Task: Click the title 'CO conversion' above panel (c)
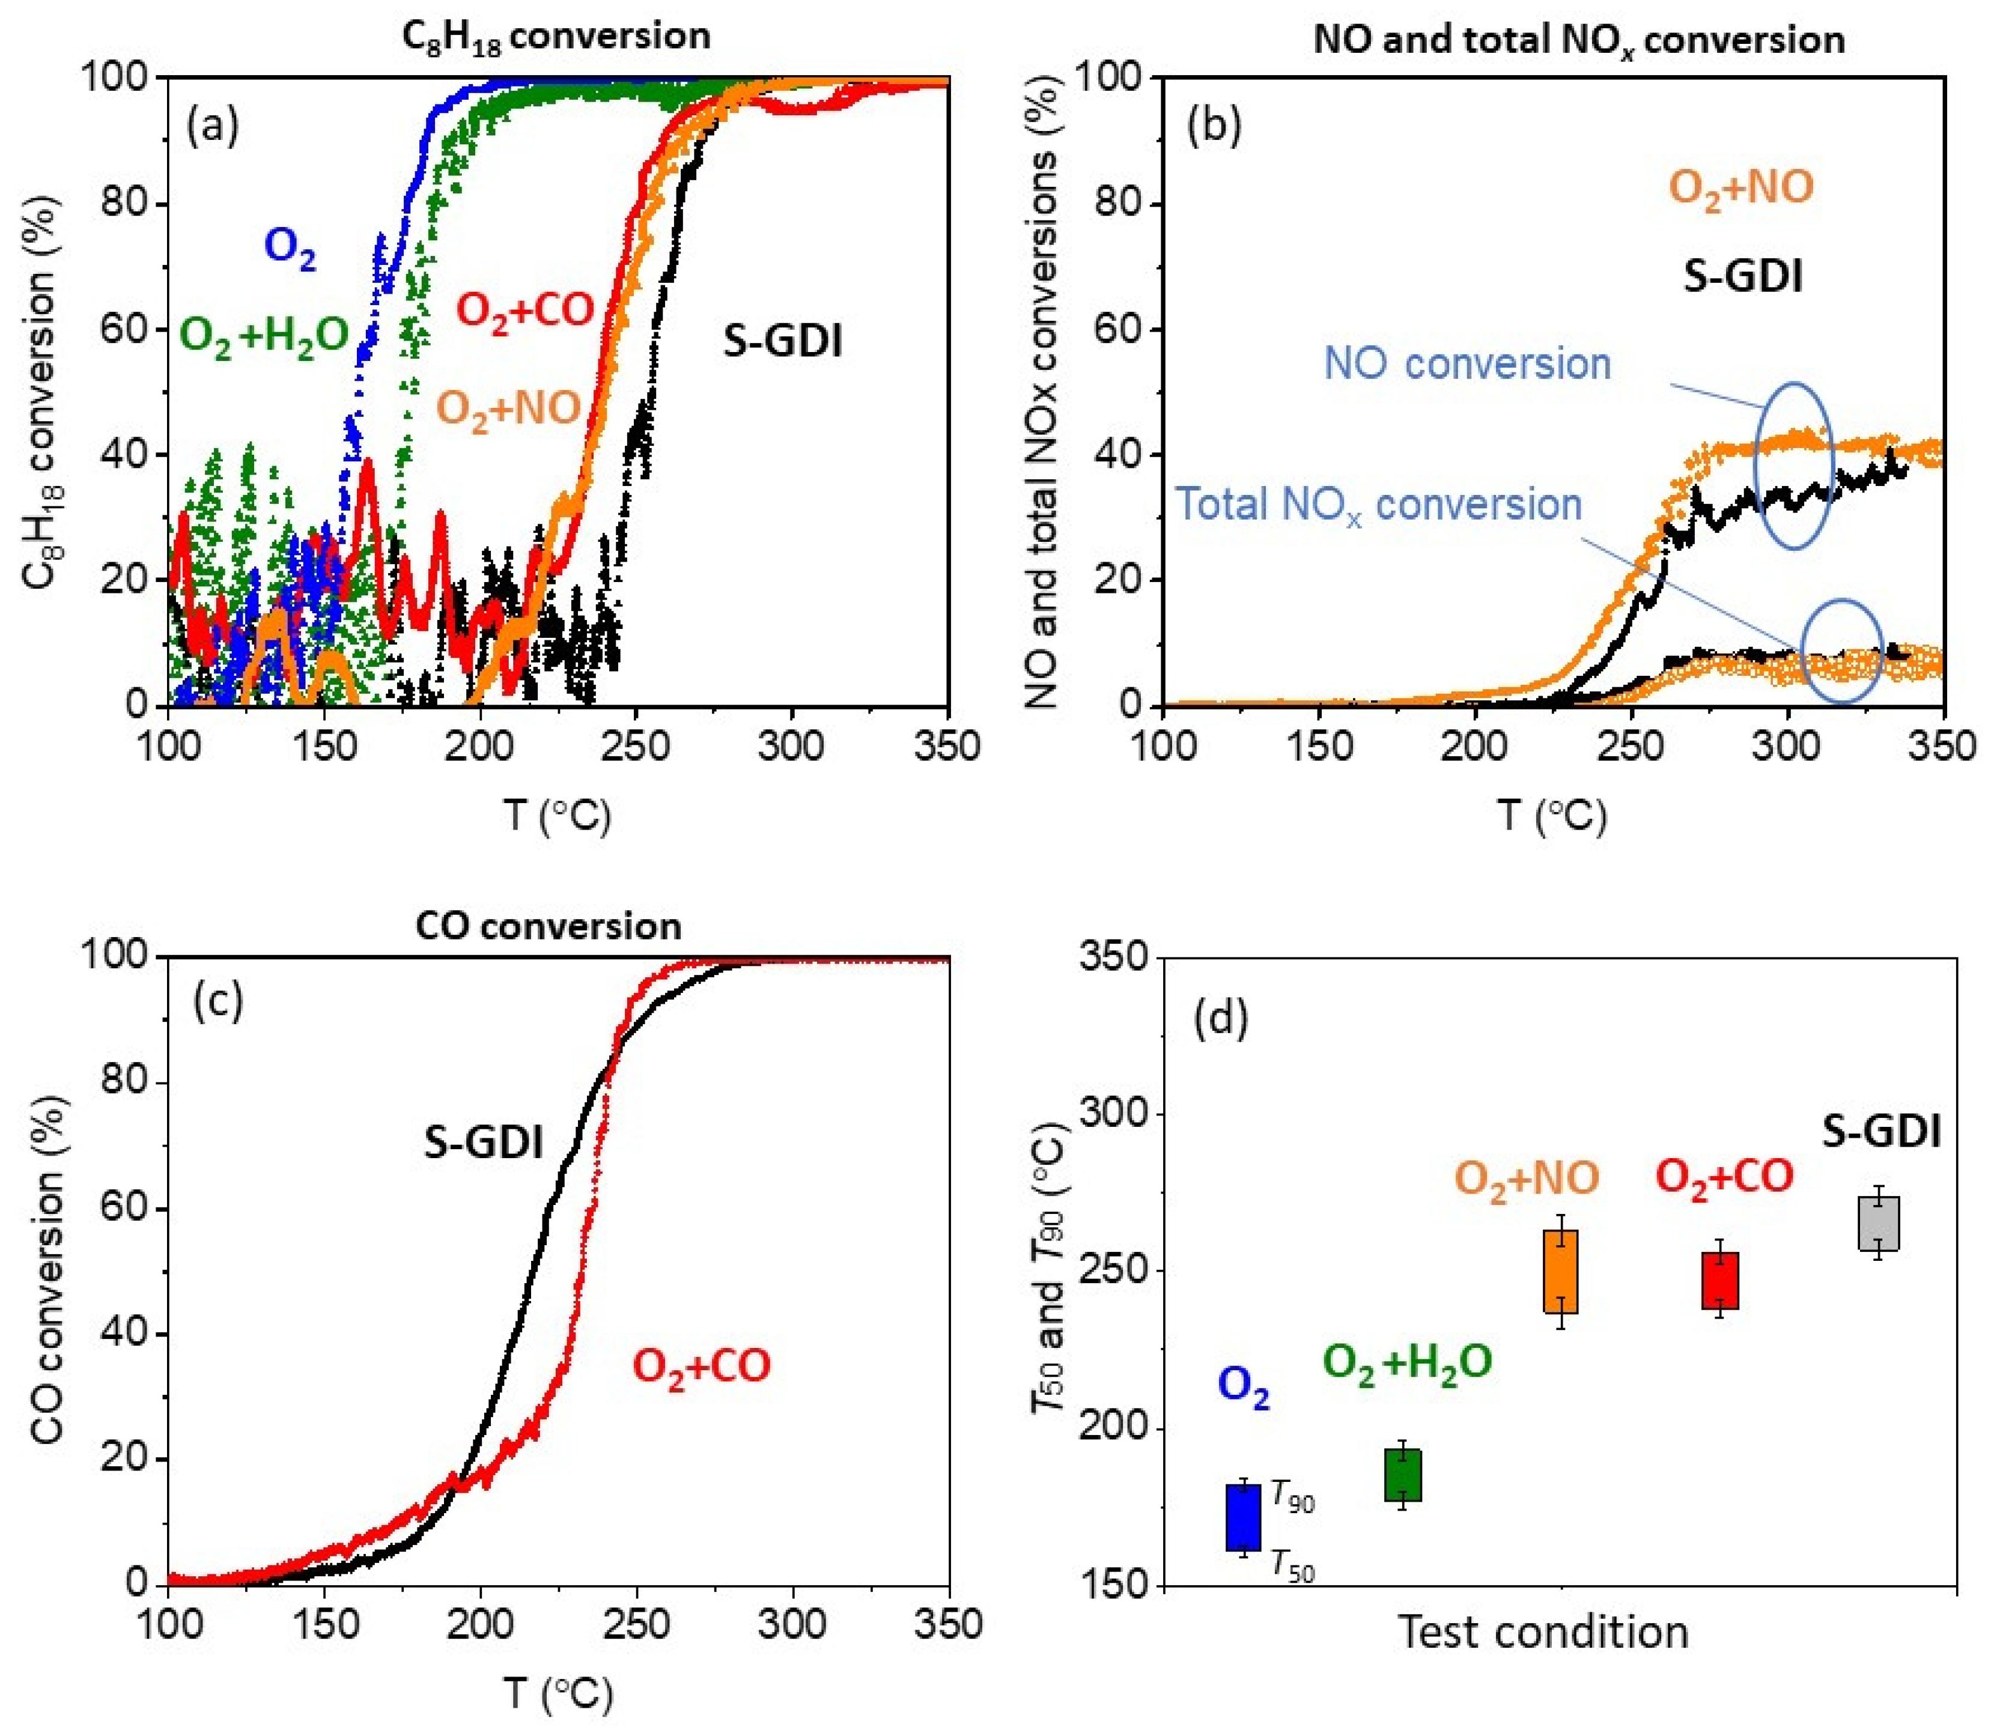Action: [x=549, y=926]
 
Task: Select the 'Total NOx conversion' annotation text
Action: [x=1378, y=505]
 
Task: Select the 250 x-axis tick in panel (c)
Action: [x=636, y=1625]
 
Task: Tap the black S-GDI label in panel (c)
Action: [x=484, y=1143]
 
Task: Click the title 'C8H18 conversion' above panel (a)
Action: [x=556, y=37]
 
